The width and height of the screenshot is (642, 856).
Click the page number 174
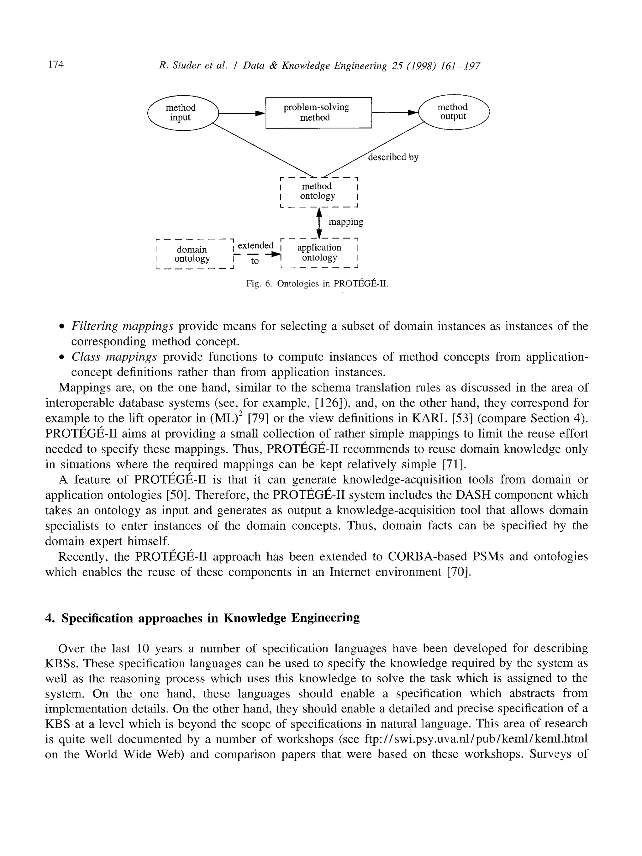(56, 64)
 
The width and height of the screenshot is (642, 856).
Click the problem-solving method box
(318, 112)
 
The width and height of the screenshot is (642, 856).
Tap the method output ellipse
(454, 112)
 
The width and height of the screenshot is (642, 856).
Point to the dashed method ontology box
(318, 192)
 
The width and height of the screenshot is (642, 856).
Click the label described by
(393, 157)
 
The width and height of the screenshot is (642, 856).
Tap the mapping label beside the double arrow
(345, 222)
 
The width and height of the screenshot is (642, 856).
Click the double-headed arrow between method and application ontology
(319, 223)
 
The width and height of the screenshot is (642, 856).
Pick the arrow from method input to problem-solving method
(241, 113)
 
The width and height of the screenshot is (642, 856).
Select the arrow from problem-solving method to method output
(395, 113)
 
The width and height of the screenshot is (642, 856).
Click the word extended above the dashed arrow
(255, 246)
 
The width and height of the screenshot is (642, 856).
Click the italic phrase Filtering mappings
(122, 326)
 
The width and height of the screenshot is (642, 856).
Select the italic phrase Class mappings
(114, 357)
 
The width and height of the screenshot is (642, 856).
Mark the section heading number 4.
(49, 618)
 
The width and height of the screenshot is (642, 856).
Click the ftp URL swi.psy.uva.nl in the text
(476, 739)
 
